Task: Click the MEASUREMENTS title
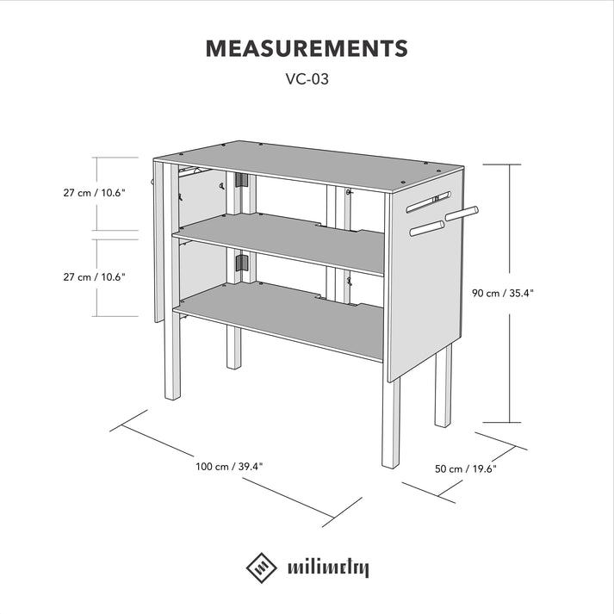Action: pyautogui.click(x=307, y=48)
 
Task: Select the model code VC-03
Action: pyautogui.click(x=307, y=79)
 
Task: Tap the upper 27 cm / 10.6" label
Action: pyautogui.click(x=95, y=194)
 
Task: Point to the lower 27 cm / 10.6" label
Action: pyautogui.click(x=95, y=277)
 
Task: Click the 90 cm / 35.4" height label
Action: pyautogui.click(x=503, y=293)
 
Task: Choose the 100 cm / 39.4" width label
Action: pyautogui.click(x=229, y=467)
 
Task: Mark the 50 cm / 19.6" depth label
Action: pyautogui.click(x=466, y=469)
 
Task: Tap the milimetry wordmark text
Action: pyautogui.click(x=328, y=568)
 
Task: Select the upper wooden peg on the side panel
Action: pyautogui.click(x=460, y=211)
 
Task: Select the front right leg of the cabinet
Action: pyautogui.click(x=391, y=422)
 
